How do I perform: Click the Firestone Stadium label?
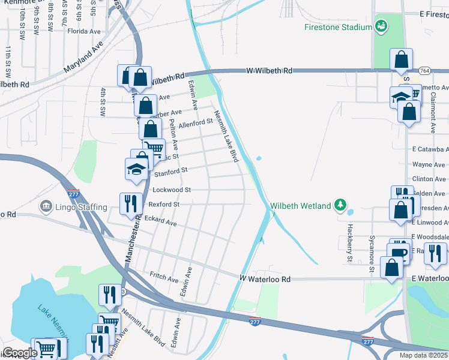[x=338, y=27]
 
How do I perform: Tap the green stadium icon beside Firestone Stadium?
[x=380, y=26]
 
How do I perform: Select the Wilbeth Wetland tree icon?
[x=341, y=206]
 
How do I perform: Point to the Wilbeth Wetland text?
[x=301, y=206]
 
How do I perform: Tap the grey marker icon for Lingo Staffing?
[x=46, y=207]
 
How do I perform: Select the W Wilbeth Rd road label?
[x=269, y=71]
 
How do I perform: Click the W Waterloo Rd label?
[x=265, y=279]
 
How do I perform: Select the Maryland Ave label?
[x=83, y=53]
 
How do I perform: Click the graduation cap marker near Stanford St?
[x=136, y=169]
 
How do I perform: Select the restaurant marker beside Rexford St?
[x=129, y=203]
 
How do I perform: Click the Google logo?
[x=19, y=353]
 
